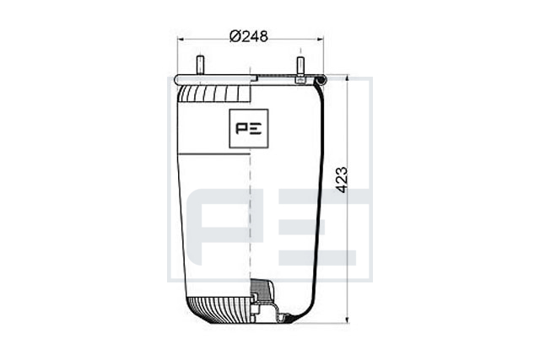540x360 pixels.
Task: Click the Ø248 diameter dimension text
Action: point(249,36)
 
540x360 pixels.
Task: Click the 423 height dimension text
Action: point(342,180)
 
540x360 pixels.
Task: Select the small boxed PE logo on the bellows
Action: point(249,128)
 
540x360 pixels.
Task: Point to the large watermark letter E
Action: point(317,227)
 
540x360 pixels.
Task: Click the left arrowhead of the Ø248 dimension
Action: point(181,40)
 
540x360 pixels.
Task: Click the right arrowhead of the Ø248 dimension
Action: point(320,40)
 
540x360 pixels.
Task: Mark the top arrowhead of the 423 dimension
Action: point(347,79)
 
